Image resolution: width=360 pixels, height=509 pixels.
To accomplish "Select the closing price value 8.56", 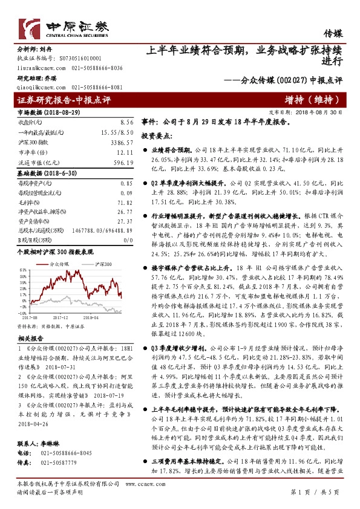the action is point(126,122).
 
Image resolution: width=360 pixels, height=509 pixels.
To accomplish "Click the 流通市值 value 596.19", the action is point(123,163).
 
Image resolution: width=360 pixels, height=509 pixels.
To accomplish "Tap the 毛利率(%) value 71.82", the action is point(125,203).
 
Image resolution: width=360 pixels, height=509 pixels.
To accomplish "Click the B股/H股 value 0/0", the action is point(127,240).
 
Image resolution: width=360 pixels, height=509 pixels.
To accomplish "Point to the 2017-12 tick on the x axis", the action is point(59,316).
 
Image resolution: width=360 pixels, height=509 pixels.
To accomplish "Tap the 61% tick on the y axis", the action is point(21,270).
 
